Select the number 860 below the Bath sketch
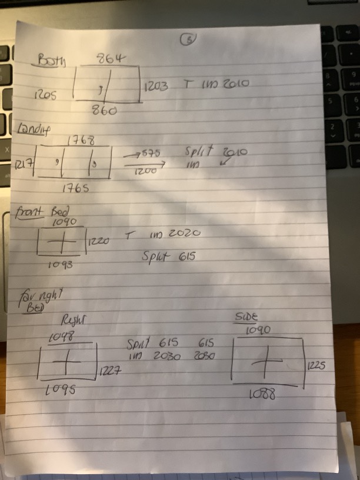104,109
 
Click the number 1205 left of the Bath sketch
45,94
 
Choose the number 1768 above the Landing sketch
81,141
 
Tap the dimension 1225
316,365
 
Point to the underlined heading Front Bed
35,211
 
